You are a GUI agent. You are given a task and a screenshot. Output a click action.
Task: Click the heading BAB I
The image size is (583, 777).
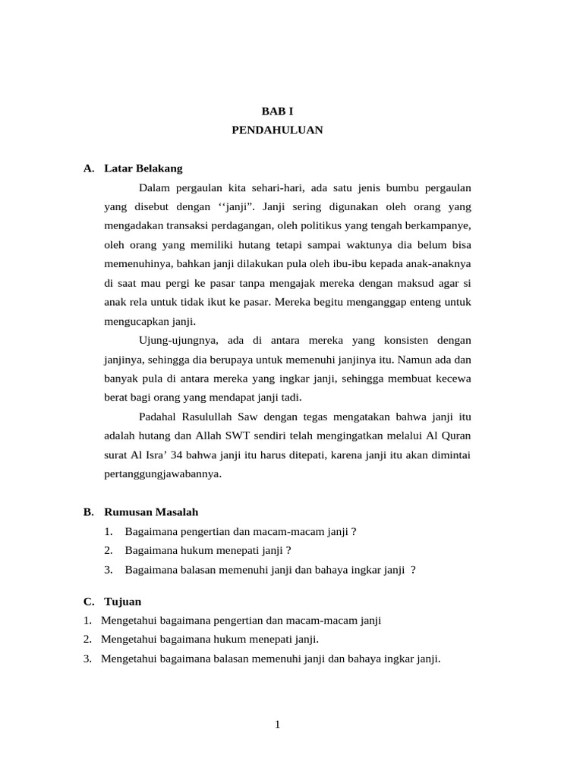pyautogui.click(x=277, y=111)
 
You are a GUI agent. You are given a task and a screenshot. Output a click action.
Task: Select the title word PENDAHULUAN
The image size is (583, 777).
pyautogui.click(x=277, y=130)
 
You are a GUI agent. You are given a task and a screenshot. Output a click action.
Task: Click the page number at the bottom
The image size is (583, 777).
pyautogui.click(x=278, y=725)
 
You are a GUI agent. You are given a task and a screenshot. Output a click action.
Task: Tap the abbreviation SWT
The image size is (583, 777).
pyautogui.click(x=258, y=436)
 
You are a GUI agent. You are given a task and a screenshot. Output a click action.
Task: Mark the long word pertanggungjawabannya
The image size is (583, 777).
pyautogui.click(x=162, y=473)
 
